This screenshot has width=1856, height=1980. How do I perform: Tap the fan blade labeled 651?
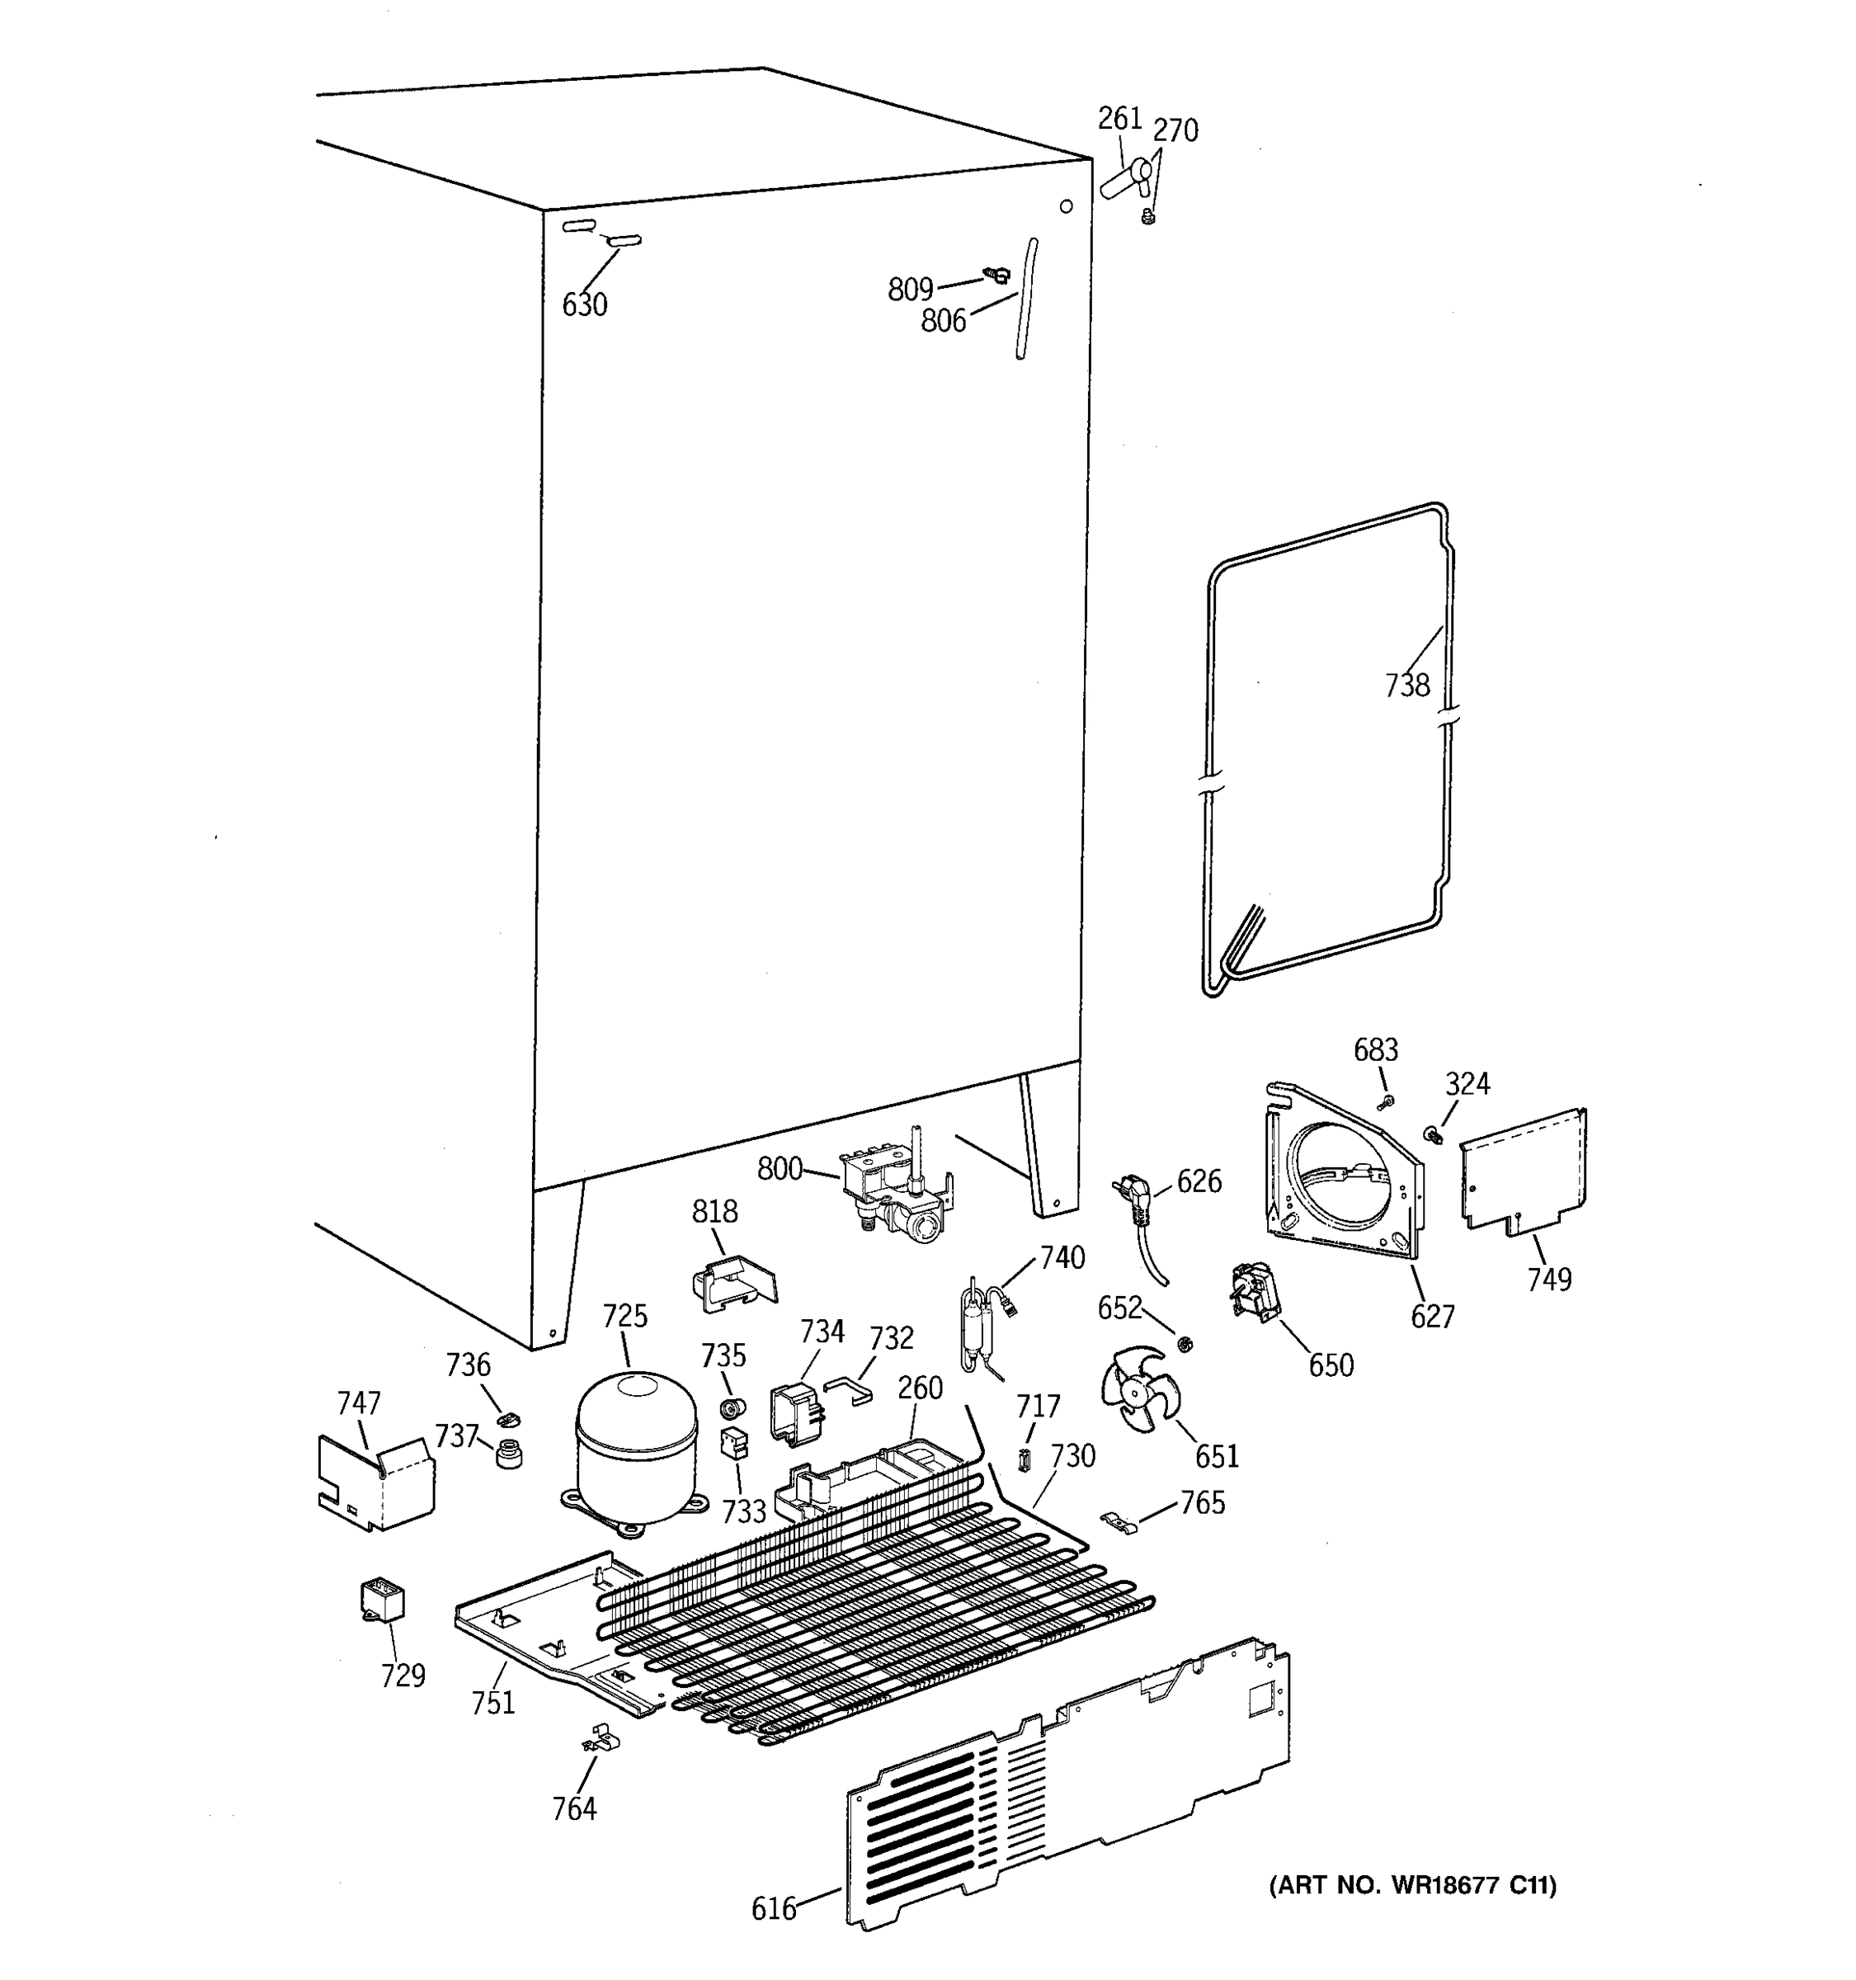[x=1136, y=1388]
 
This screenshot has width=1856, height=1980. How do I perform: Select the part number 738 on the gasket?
[x=1406, y=686]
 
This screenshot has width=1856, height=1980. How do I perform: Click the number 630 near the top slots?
[x=585, y=304]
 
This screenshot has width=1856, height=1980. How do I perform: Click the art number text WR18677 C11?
[x=1412, y=1884]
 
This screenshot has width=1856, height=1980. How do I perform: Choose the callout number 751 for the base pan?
[x=493, y=1703]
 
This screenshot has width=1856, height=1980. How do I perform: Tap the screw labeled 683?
[x=1386, y=1101]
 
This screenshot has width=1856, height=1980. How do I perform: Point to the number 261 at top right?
[x=1119, y=119]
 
